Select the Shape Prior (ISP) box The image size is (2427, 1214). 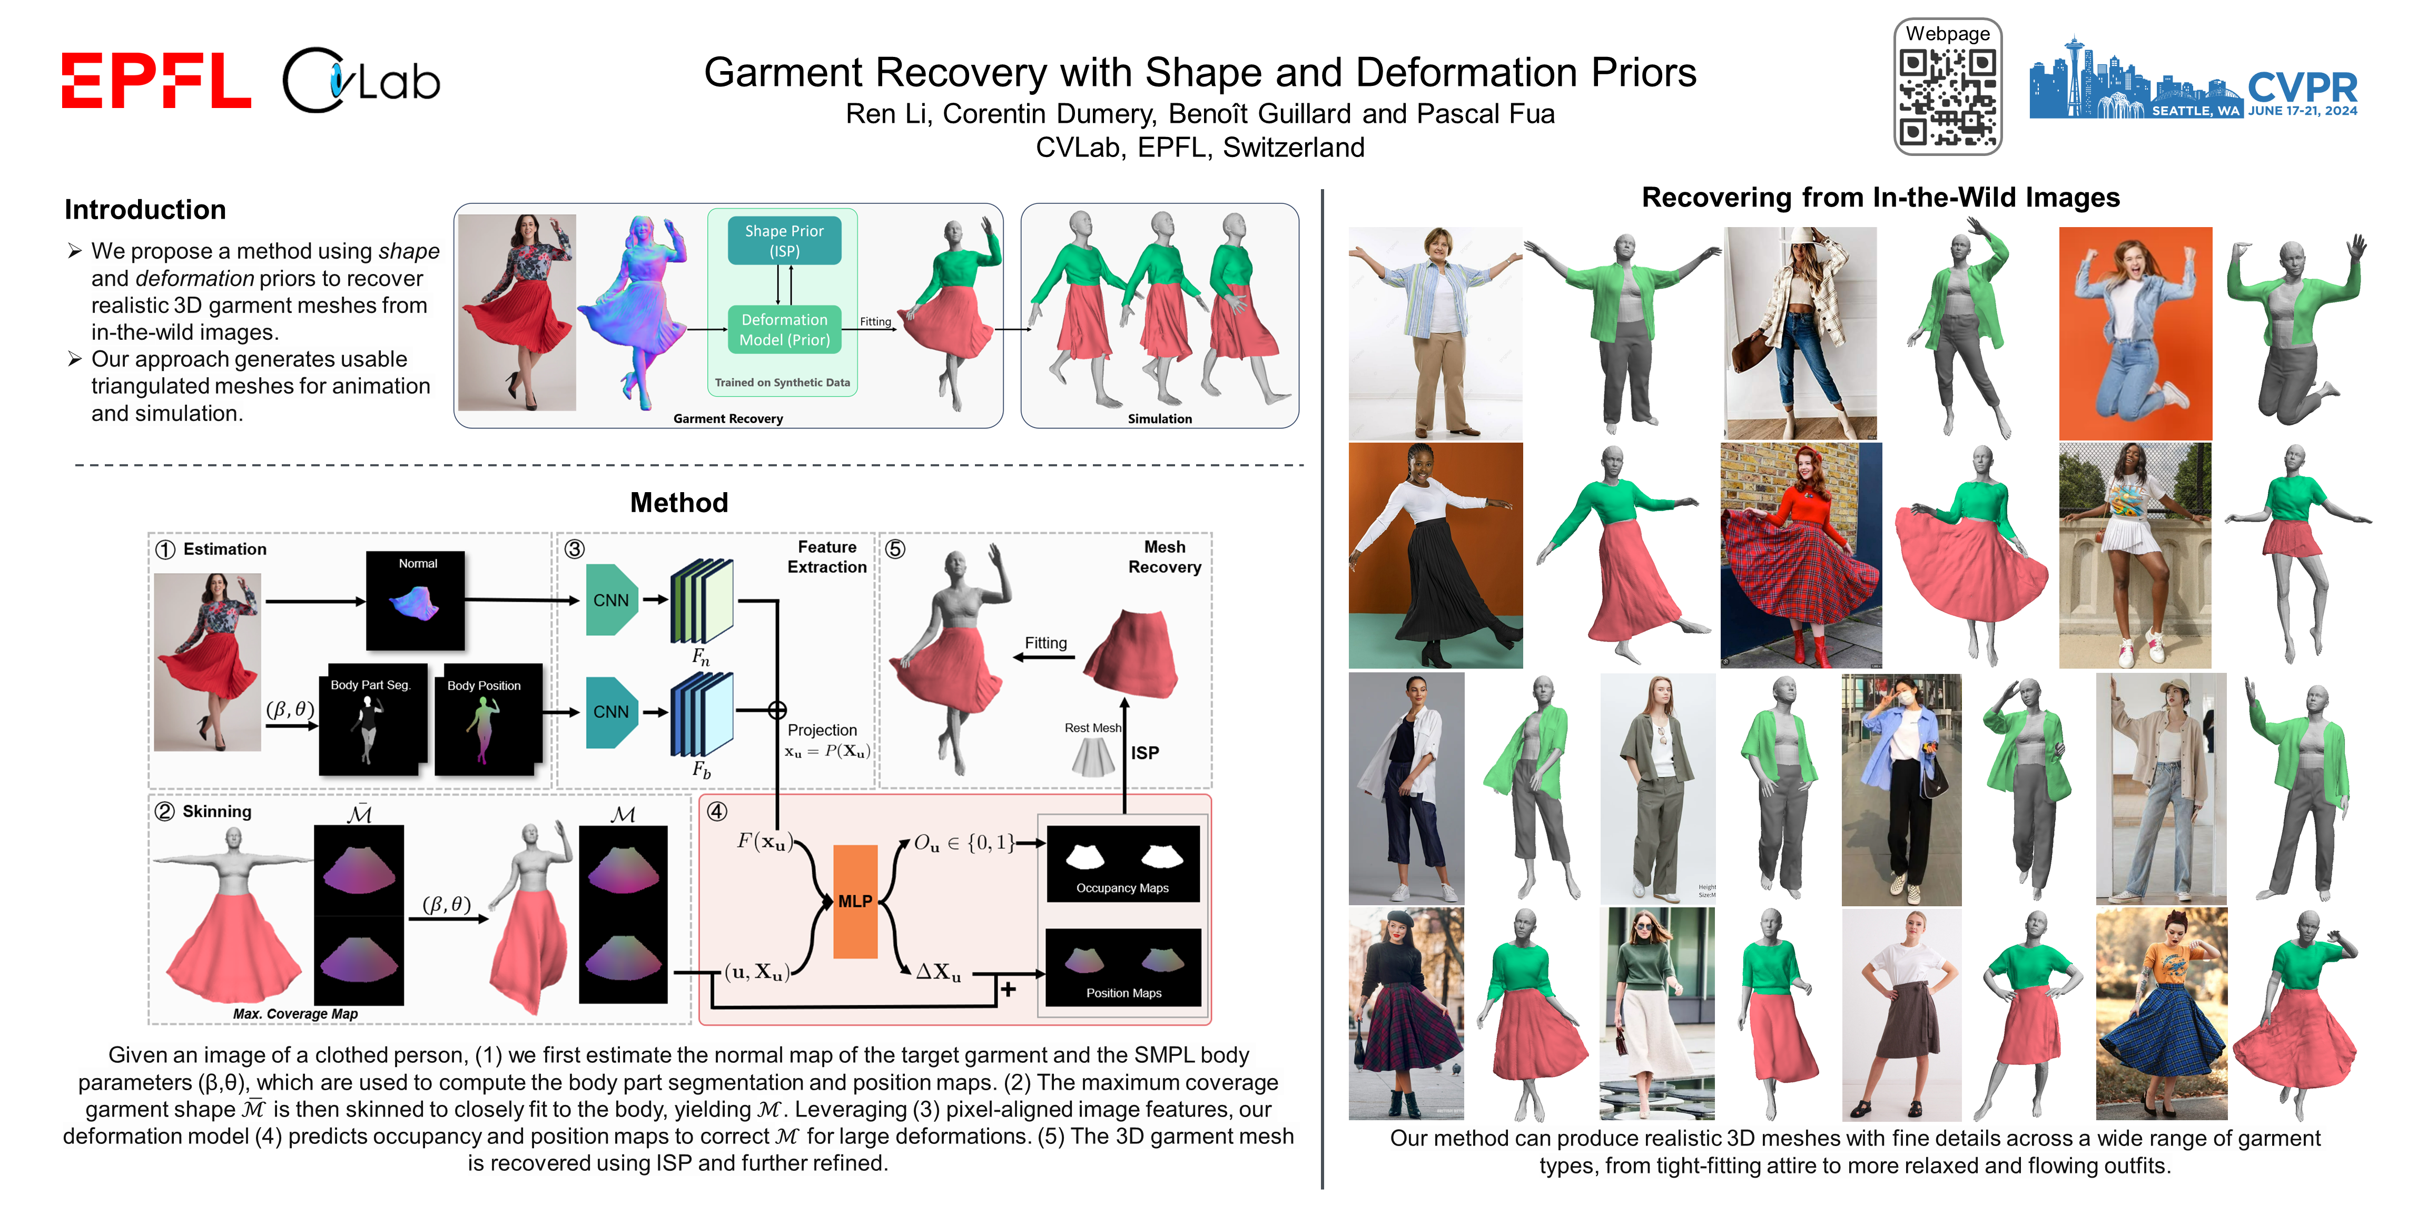784,240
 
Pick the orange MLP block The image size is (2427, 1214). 854,901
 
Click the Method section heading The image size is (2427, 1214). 678,502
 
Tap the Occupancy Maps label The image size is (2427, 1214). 1122,888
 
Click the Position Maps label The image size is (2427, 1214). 1123,993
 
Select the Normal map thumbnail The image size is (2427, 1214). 416,600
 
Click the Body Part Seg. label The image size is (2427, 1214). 370,685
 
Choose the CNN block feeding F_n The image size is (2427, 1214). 610,600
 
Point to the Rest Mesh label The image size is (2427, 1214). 1092,728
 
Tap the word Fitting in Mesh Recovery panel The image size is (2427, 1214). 1046,643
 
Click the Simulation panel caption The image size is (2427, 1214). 1159,418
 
